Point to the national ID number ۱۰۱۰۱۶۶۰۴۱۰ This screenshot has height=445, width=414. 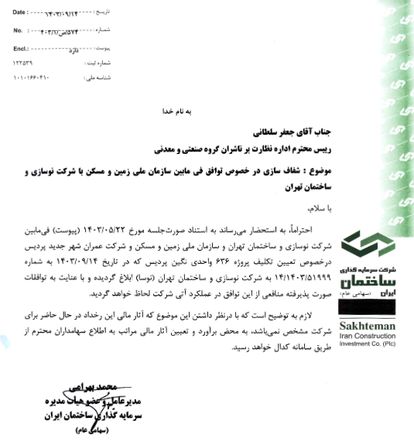click(x=29, y=78)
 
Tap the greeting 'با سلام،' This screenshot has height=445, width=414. click(x=315, y=209)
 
